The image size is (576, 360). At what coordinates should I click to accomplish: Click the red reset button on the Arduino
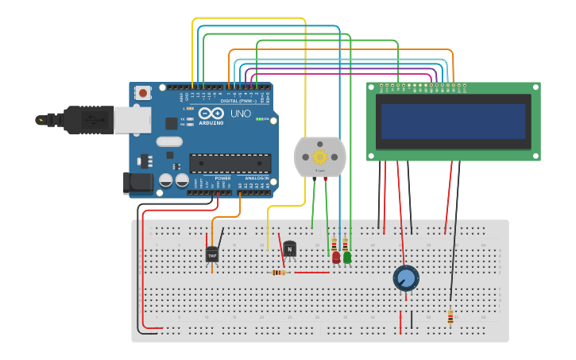[143, 93]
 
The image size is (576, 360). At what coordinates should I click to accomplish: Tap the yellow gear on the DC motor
[321, 157]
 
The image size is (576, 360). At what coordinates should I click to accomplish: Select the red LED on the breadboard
[336, 257]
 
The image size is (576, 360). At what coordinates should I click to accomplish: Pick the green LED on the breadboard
[347, 257]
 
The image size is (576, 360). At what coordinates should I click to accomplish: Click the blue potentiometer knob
[406, 278]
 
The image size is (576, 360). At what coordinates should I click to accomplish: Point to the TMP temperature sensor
[212, 254]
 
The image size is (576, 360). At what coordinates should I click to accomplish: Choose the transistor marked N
[290, 249]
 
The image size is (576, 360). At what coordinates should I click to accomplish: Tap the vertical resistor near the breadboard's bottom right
[450, 317]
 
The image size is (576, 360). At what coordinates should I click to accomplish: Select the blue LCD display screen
[454, 122]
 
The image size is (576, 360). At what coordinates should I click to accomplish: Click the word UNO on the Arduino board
[240, 114]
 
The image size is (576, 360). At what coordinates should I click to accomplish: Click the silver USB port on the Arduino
[132, 120]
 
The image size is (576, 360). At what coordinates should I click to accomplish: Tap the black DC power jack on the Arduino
[139, 184]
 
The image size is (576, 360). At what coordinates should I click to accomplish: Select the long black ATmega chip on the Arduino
[230, 164]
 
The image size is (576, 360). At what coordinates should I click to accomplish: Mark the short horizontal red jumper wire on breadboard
[311, 273]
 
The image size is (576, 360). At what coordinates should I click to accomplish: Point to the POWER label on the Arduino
[222, 178]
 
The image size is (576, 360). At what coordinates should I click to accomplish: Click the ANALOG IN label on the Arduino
[256, 178]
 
